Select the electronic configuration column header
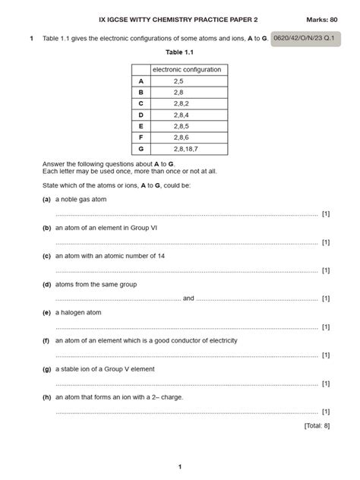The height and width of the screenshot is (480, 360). click(x=187, y=70)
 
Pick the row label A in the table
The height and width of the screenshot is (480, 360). click(x=141, y=81)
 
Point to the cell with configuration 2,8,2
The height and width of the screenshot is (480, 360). click(x=179, y=103)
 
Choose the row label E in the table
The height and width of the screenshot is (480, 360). click(x=141, y=126)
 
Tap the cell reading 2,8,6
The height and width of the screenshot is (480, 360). click(x=179, y=137)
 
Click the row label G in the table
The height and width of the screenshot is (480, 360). click(x=141, y=149)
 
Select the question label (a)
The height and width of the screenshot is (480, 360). click(x=46, y=199)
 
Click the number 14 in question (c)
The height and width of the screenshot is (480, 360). click(x=159, y=256)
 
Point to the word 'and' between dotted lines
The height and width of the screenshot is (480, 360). click(x=188, y=298)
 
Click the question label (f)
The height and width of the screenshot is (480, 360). click(x=46, y=340)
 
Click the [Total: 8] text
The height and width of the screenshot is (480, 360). click(x=316, y=425)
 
